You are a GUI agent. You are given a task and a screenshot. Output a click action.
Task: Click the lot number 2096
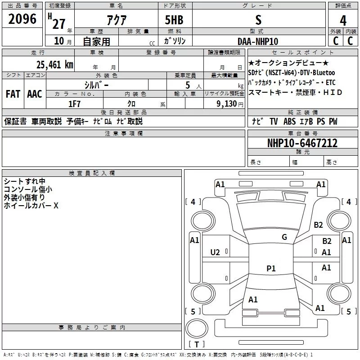(x=22, y=19)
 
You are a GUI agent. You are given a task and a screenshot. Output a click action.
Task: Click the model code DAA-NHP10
(x=258, y=41)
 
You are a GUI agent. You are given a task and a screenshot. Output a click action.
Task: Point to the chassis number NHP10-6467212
(x=302, y=143)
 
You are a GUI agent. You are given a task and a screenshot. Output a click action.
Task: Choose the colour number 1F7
(x=74, y=103)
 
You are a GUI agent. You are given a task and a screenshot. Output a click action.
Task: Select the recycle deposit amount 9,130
(x=227, y=103)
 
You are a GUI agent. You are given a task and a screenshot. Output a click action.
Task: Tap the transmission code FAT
(x=13, y=94)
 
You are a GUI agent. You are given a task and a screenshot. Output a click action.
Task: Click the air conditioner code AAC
(x=35, y=94)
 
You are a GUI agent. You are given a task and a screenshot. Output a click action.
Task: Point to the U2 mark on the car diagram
(x=216, y=252)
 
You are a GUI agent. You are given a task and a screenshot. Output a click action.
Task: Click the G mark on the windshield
(x=284, y=237)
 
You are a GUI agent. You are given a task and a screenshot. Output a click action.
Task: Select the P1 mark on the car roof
(x=271, y=268)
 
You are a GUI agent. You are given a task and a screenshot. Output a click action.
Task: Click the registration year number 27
(x=58, y=22)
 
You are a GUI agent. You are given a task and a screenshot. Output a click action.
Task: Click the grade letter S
(x=258, y=20)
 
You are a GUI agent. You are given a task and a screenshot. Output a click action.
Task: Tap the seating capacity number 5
(x=187, y=85)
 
